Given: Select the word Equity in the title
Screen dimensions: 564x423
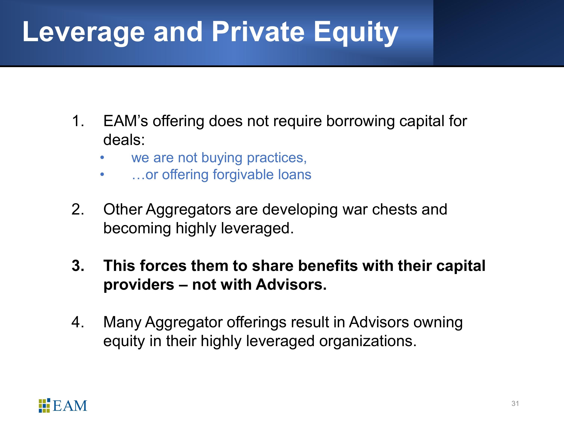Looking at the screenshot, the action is coord(356,33).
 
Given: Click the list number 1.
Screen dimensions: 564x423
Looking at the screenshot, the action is coord(78,121).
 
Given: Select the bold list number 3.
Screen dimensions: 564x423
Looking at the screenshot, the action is coord(78,266).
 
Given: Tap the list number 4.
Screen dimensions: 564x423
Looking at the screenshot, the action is coord(78,322).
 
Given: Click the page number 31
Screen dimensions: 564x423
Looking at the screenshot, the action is coord(515,404).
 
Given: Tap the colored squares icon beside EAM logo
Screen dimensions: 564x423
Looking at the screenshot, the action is coord(44,405).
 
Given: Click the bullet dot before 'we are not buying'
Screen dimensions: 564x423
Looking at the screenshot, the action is coord(102,158).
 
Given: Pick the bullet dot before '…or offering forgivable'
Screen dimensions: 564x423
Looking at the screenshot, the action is coord(102,175).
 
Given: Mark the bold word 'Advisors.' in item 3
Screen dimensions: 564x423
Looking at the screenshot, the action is coord(291,285).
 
